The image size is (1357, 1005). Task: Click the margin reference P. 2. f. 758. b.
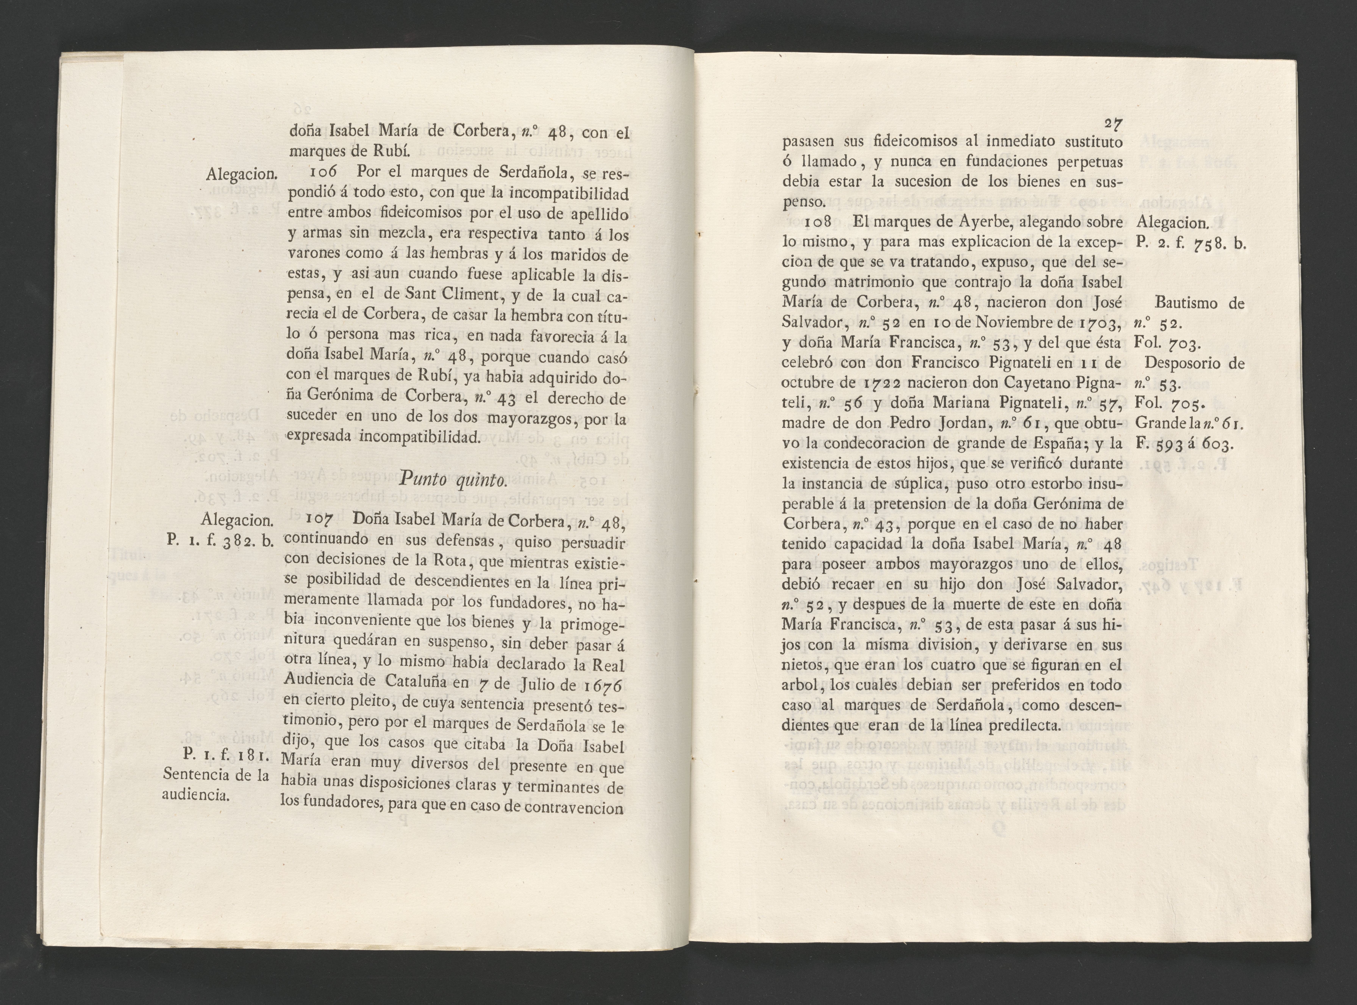(1190, 243)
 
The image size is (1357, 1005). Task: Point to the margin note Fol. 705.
(1168, 403)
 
